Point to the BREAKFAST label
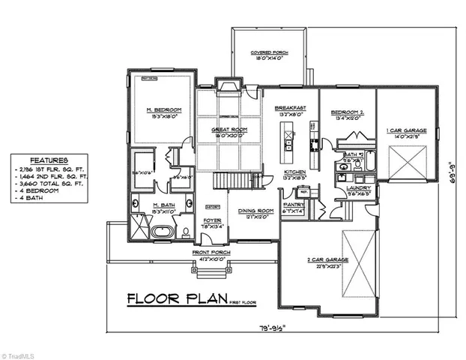(290, 108)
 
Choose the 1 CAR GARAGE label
(408, 130)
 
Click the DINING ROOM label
(252, 211)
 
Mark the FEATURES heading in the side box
(49, 160)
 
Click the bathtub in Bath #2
(349, 142)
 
